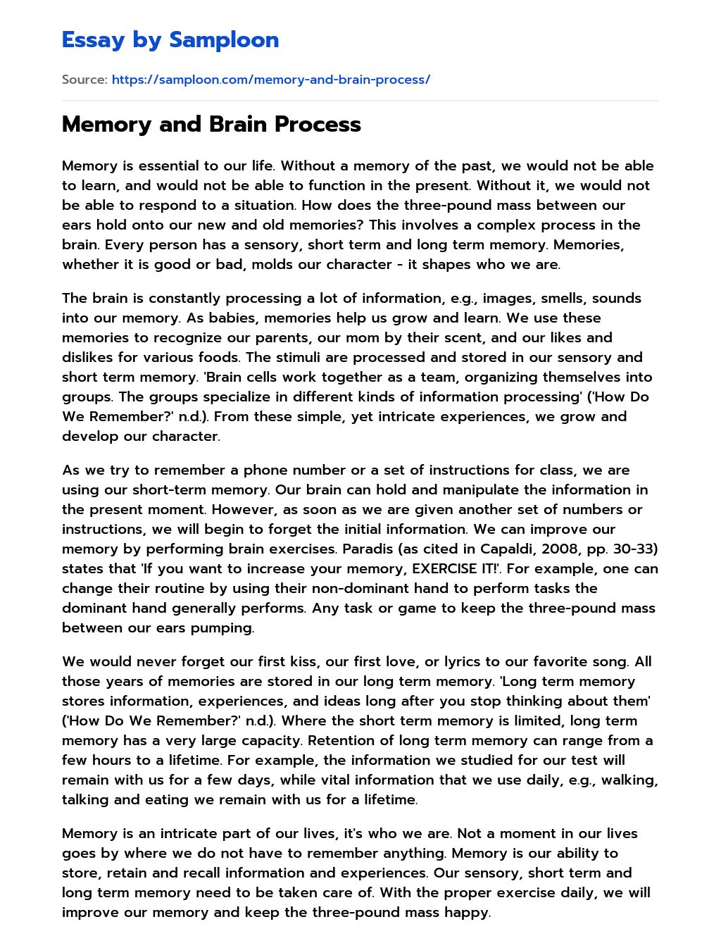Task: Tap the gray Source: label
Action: click(84, 80)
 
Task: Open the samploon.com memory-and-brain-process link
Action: click(270, 80)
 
